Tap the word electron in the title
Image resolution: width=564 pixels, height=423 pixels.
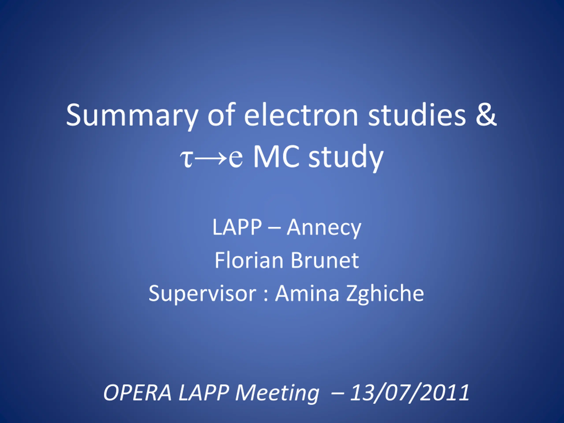pos(301,115)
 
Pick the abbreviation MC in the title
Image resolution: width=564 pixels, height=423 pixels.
pos(276,156)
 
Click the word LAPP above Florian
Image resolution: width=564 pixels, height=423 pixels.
pos(237,227)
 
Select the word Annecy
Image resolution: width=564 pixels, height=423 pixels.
pos(324,228)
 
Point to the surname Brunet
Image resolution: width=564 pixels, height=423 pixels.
pos(325,260)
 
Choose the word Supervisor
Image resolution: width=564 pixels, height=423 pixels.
pos(202,294)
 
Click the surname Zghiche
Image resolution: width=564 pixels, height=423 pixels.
pos(385,294)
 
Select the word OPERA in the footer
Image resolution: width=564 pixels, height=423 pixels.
pos(137,393)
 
